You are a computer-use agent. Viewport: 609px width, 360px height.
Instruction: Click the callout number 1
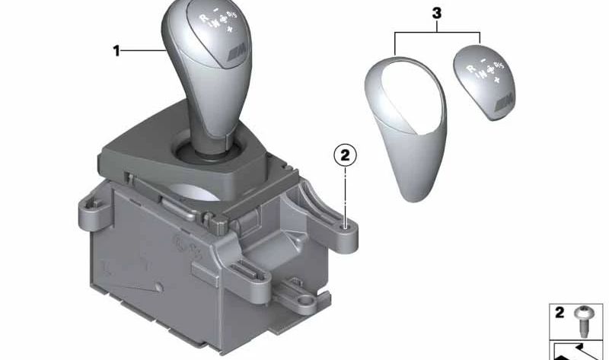pos(116,51)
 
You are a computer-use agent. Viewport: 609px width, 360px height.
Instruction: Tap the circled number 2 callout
pos(344,156)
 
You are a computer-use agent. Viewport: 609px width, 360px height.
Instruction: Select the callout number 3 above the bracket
pos(436,13)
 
